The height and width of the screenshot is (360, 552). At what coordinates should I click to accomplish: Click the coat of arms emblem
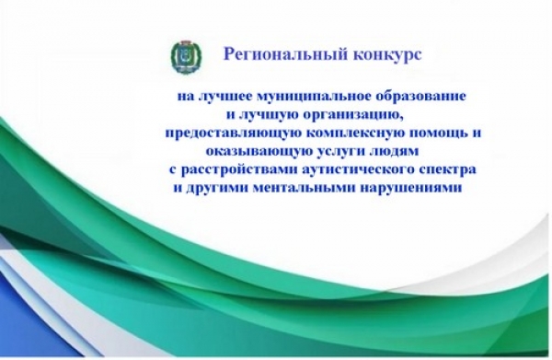tap(187, 57)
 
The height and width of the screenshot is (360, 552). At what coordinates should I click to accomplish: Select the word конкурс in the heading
tap(386, 55)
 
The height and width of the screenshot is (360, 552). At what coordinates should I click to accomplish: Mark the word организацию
tap(351, 115)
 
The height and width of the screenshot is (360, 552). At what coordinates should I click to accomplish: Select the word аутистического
tap(359, 170)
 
